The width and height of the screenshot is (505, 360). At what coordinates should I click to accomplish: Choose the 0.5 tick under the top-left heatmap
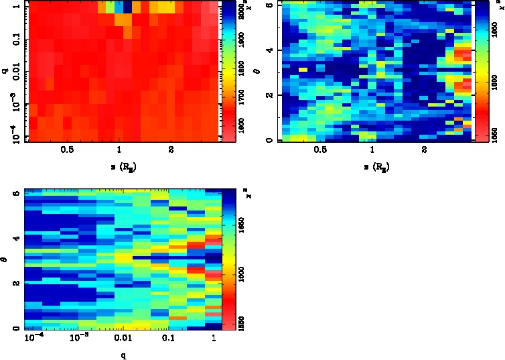(x=67, y=150)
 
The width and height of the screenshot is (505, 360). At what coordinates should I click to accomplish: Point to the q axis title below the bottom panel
(x=123, y=355)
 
